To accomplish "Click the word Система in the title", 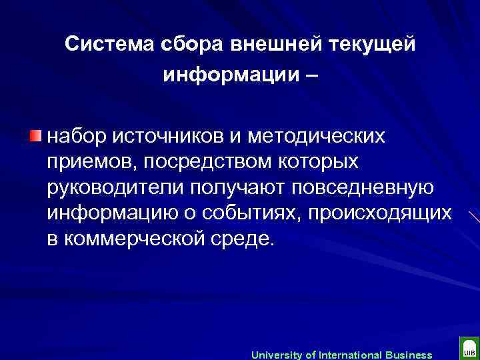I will click(109, 44).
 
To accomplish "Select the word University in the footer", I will click(276, 355).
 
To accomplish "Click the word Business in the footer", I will click(409, 355).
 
